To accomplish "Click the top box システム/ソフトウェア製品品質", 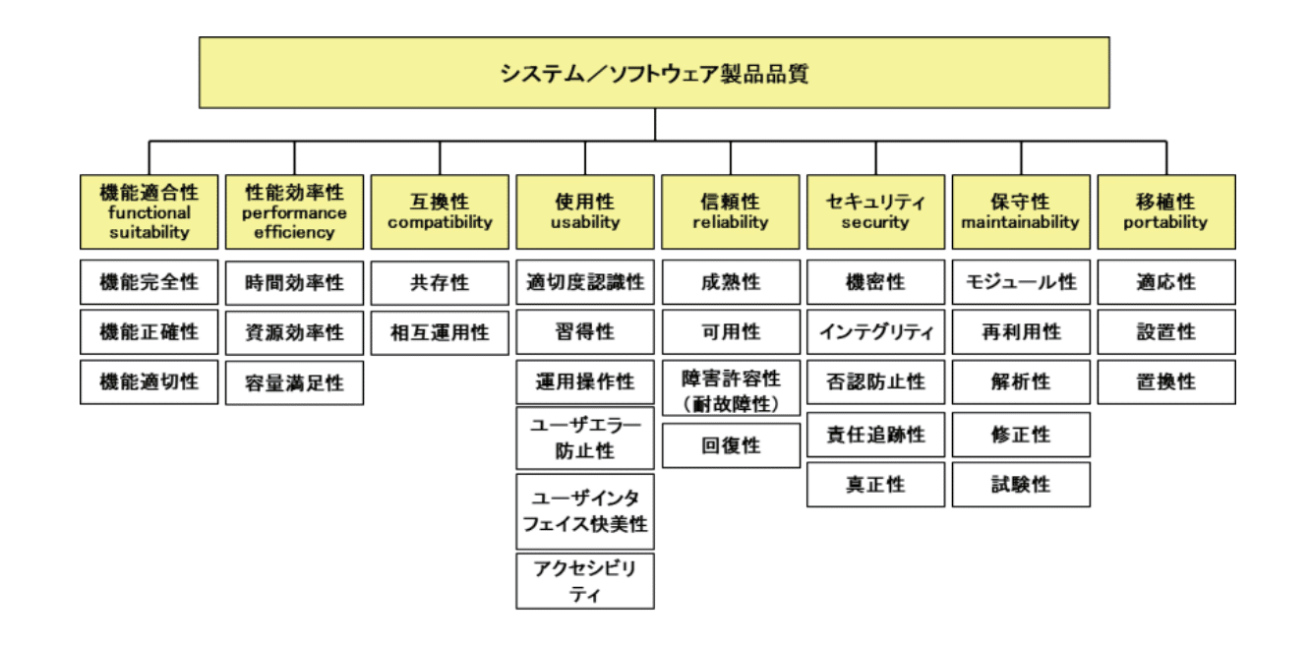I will click(x=654, y=73).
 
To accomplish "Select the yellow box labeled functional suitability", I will click(x=149, y=211).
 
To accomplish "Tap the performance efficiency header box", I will click(x=294, y=211).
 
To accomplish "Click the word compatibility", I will click(x=440, y=223).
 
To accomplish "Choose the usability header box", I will click(x=585, y=211).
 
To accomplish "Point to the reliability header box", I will click(x=730, y=211).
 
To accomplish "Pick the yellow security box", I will click(x=875, y=211).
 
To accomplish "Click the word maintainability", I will click(x=1021, y=223).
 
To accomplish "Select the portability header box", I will click(x=1166, y=211).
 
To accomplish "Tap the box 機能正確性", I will click(x=149, y=332).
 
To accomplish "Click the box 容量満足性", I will click(x=294, y=382).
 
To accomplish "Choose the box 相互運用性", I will click(x=440, y=332).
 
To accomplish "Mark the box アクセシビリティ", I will click(x=585, y=581).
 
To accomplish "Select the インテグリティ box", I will click(x=875, y=332).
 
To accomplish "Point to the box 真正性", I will click(x=875, y=485).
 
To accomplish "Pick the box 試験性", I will click(x=1021, y=485).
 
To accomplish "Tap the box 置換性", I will click(x=1166, y=382).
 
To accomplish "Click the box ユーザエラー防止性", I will click(x=585, y=438).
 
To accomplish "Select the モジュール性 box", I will click(x=1021, y=282).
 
